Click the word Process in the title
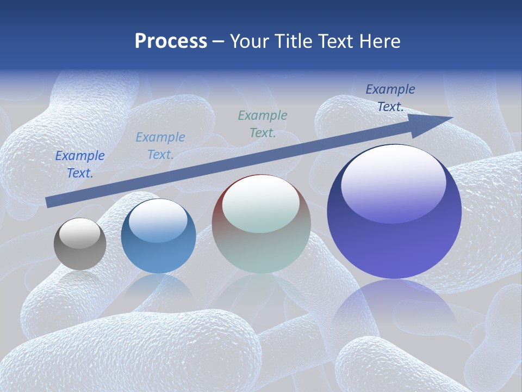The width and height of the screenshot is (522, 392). click(x=171, y=41)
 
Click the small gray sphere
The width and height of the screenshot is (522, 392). click(x=80, y=244)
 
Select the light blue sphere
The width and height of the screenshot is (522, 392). click(x=158, y=237)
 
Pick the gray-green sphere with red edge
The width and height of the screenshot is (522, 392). click(x=261, y=224)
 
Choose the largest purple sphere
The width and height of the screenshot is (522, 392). click(x=394, y=212)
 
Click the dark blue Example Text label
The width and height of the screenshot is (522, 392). click(x=80, y=164)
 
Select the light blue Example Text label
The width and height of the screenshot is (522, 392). click(x=160, y=146)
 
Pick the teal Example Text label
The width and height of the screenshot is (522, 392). click(x=263, y=124)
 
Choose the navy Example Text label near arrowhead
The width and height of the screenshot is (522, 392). click(x=390, y=98)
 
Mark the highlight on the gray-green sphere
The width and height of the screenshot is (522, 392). click(x=261, y=204)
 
